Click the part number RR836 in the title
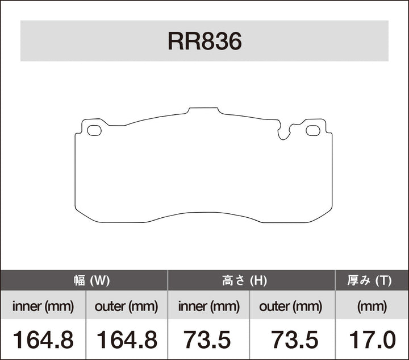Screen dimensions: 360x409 coord(204,42)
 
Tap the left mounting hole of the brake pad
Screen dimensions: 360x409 coord(94,130)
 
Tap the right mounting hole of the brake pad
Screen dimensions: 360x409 coord(313,130)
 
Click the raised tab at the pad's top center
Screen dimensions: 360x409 coord(203,109)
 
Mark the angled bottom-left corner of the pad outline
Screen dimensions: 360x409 coord(82,214)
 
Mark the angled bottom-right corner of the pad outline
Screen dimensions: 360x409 coord(324,214)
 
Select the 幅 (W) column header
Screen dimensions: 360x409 coord(84,280)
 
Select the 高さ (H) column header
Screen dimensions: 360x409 coord(251,280)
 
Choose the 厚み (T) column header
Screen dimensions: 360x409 coord(372,280)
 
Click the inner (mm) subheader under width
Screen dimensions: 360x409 coord(43,307)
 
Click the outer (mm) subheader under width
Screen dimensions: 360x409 coord(126,307)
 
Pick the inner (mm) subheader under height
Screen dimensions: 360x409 coord(208,307)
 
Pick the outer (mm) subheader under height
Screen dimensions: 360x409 coord(291,307)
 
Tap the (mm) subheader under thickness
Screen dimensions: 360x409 coord(372,307)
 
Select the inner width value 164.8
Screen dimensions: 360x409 coord(43,340)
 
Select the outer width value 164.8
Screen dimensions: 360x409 coord(126,340)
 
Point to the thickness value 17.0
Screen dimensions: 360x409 coord(372,340)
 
